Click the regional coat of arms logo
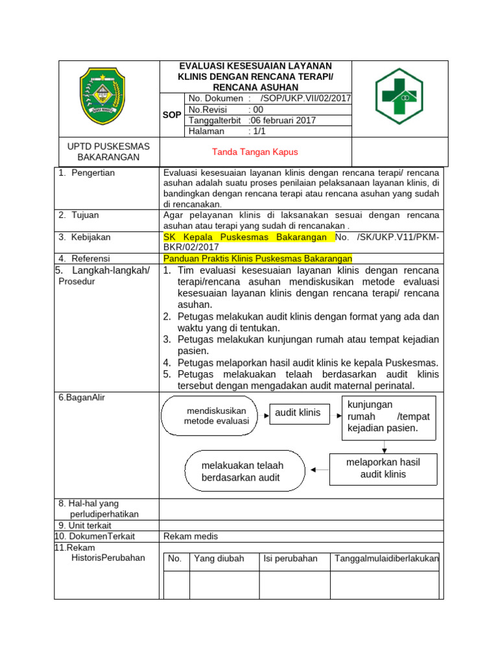click(x=101, y=98)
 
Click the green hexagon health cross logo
click(x=399, y=97)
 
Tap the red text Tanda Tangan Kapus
click(x=255, y=152)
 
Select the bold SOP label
click(x=172, y=115)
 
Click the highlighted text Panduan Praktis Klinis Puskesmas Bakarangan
click(x=257, y=258)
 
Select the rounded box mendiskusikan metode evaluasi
click(x=216, y=416)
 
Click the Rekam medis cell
click(x=191, y=536)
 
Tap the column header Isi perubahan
click(x=290, y=558)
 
